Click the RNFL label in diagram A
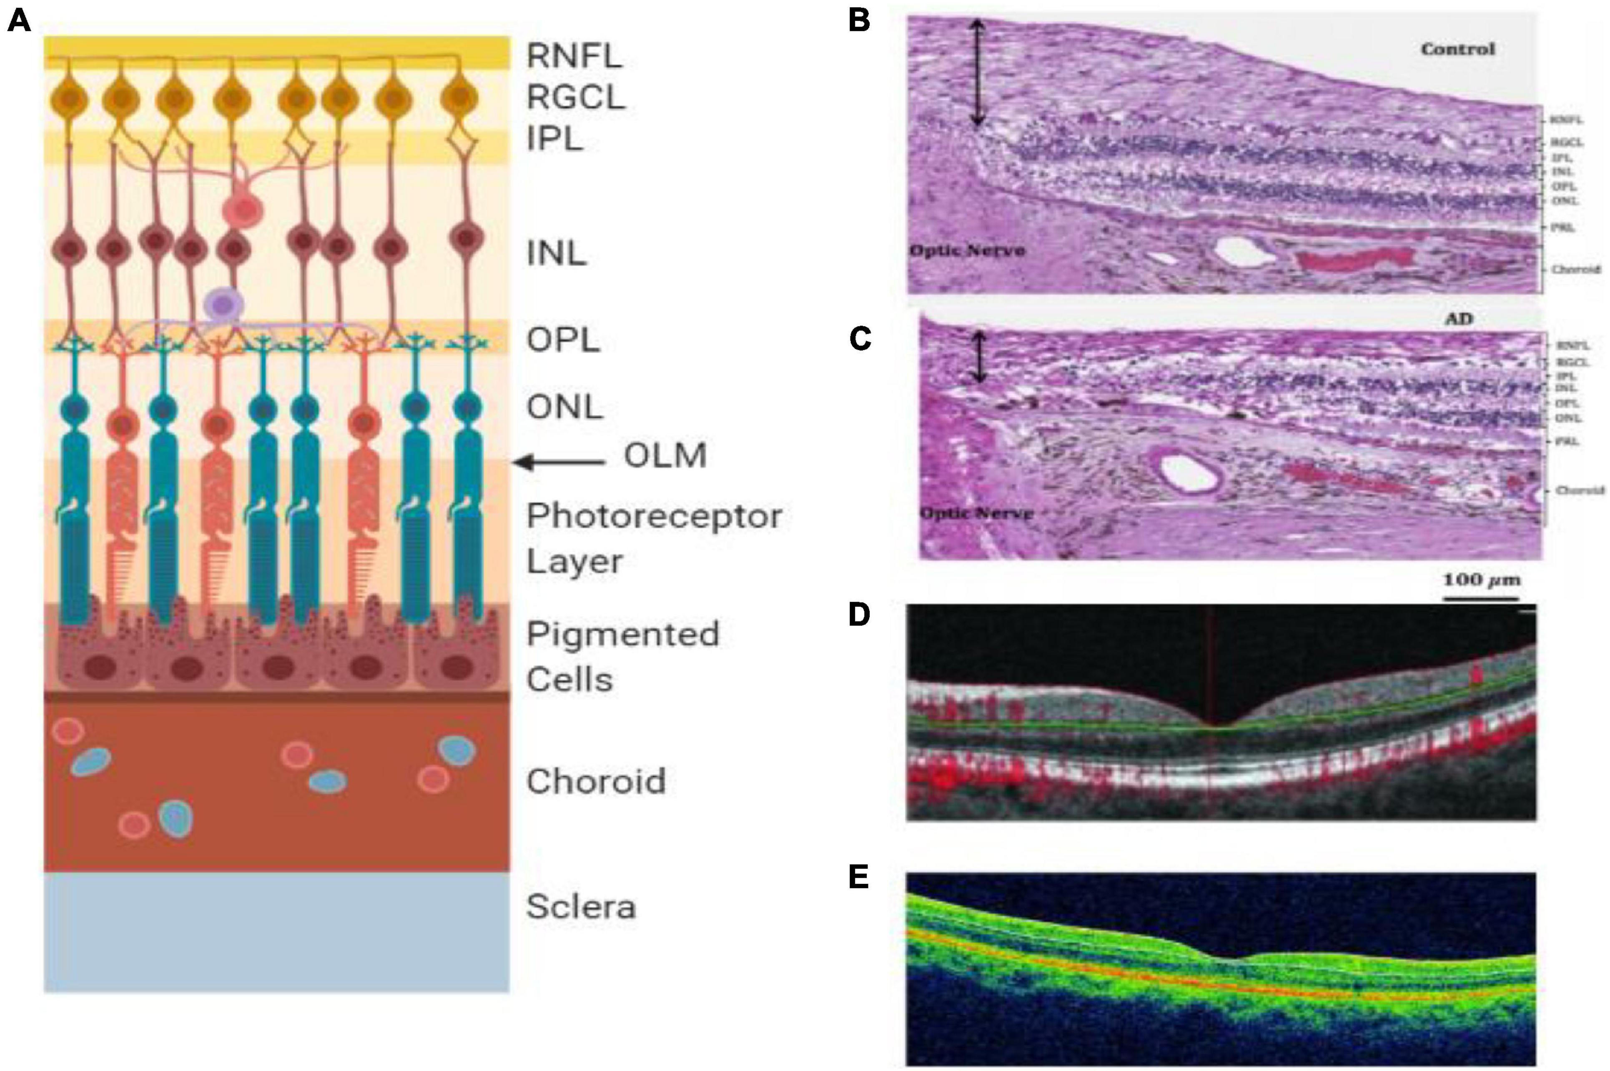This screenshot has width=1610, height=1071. (574, 55)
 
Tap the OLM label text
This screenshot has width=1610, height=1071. (665, 455)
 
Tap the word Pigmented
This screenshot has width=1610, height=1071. (623, 635)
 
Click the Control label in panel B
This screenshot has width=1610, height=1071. (1458, 49)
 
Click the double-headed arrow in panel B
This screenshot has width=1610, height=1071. (978, 73)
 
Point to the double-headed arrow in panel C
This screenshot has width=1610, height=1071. (980, 357)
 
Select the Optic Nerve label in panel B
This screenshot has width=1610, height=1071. (967, 251)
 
